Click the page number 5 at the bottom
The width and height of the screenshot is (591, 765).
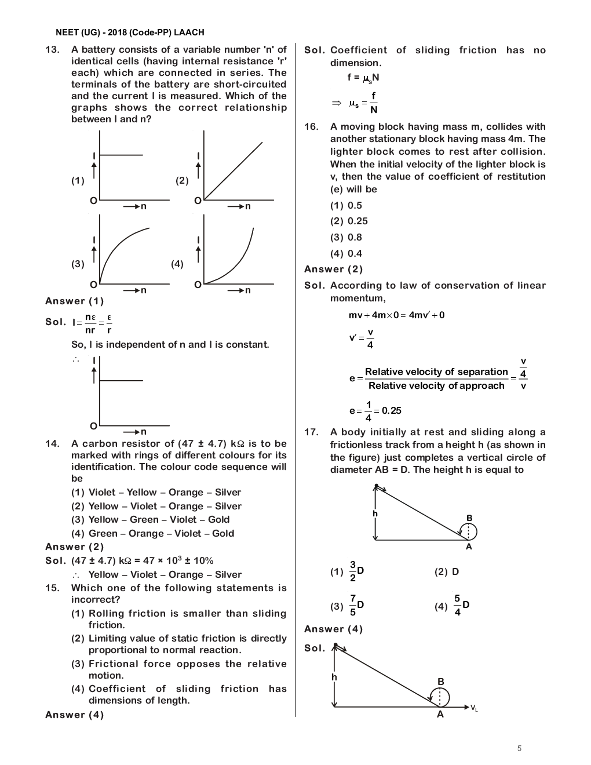[519, 748]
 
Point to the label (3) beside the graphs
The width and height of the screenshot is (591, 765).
[78, 264]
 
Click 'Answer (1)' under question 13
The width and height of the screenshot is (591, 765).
[75, 301]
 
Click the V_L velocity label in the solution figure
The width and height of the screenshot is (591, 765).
[474, 708]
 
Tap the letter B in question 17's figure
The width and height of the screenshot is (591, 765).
[469, 518]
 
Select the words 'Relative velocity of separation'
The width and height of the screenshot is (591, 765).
[436, 372]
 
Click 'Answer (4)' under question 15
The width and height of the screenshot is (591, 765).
[75, 715]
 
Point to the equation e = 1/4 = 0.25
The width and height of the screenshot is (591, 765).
[375, 411]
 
